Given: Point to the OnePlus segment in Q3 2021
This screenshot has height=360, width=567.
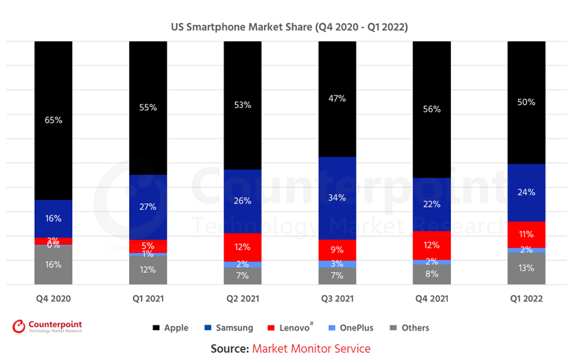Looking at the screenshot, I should pos(337,264).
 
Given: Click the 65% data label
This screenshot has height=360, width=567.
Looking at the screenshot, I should pos(54,120).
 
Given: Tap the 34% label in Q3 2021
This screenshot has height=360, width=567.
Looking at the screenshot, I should pos(337,197).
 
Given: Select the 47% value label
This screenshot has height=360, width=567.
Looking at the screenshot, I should pos(337,98).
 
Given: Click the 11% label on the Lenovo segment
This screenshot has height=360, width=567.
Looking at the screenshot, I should pos(526,234).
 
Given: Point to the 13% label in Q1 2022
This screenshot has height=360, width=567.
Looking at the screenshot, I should pos(526,268).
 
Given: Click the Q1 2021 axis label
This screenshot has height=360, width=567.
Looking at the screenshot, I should pos(148,298).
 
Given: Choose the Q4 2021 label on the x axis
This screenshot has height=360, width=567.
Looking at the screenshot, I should pos(431,298).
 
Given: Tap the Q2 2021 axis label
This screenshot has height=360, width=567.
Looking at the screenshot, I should pos(243,298).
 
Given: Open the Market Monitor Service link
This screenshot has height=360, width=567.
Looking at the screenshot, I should pos(311,349).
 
